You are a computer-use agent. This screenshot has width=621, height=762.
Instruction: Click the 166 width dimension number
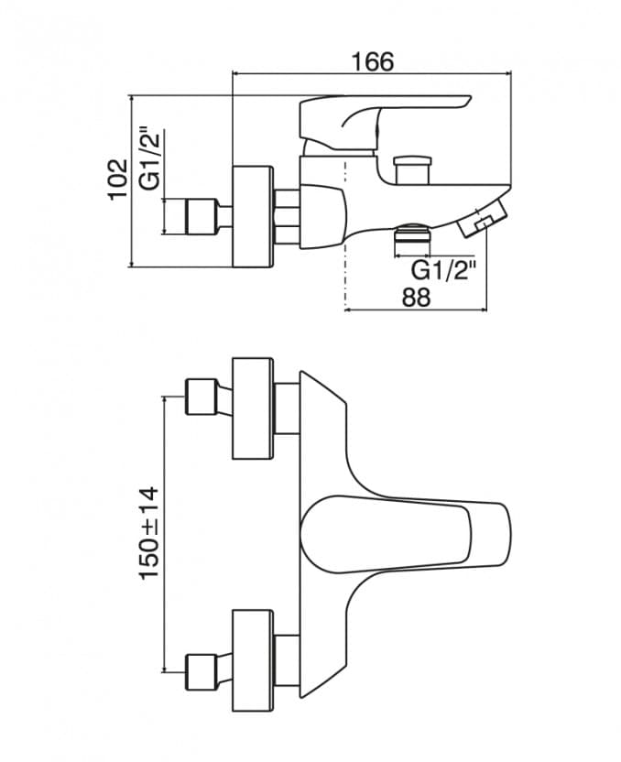(x=372, y=61)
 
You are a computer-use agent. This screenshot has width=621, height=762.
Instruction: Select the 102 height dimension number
(x=116, y=180)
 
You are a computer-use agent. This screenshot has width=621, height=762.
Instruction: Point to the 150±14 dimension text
(x=148, y=532)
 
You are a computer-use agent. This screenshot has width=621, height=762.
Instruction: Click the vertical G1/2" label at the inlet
(x=150, y=158)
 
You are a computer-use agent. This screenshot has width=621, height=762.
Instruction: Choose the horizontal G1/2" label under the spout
(x=444, y=269)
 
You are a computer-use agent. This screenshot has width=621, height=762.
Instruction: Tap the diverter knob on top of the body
(x=413, y=170)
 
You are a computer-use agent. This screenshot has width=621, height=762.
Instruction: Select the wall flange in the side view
(x=254, y=217)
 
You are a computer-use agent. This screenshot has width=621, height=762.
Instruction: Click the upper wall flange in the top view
(x=254, y=408)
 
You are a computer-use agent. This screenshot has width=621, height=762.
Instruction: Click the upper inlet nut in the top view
(x=201, y=396)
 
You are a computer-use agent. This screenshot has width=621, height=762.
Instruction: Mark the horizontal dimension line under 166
(x=372, y=75)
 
